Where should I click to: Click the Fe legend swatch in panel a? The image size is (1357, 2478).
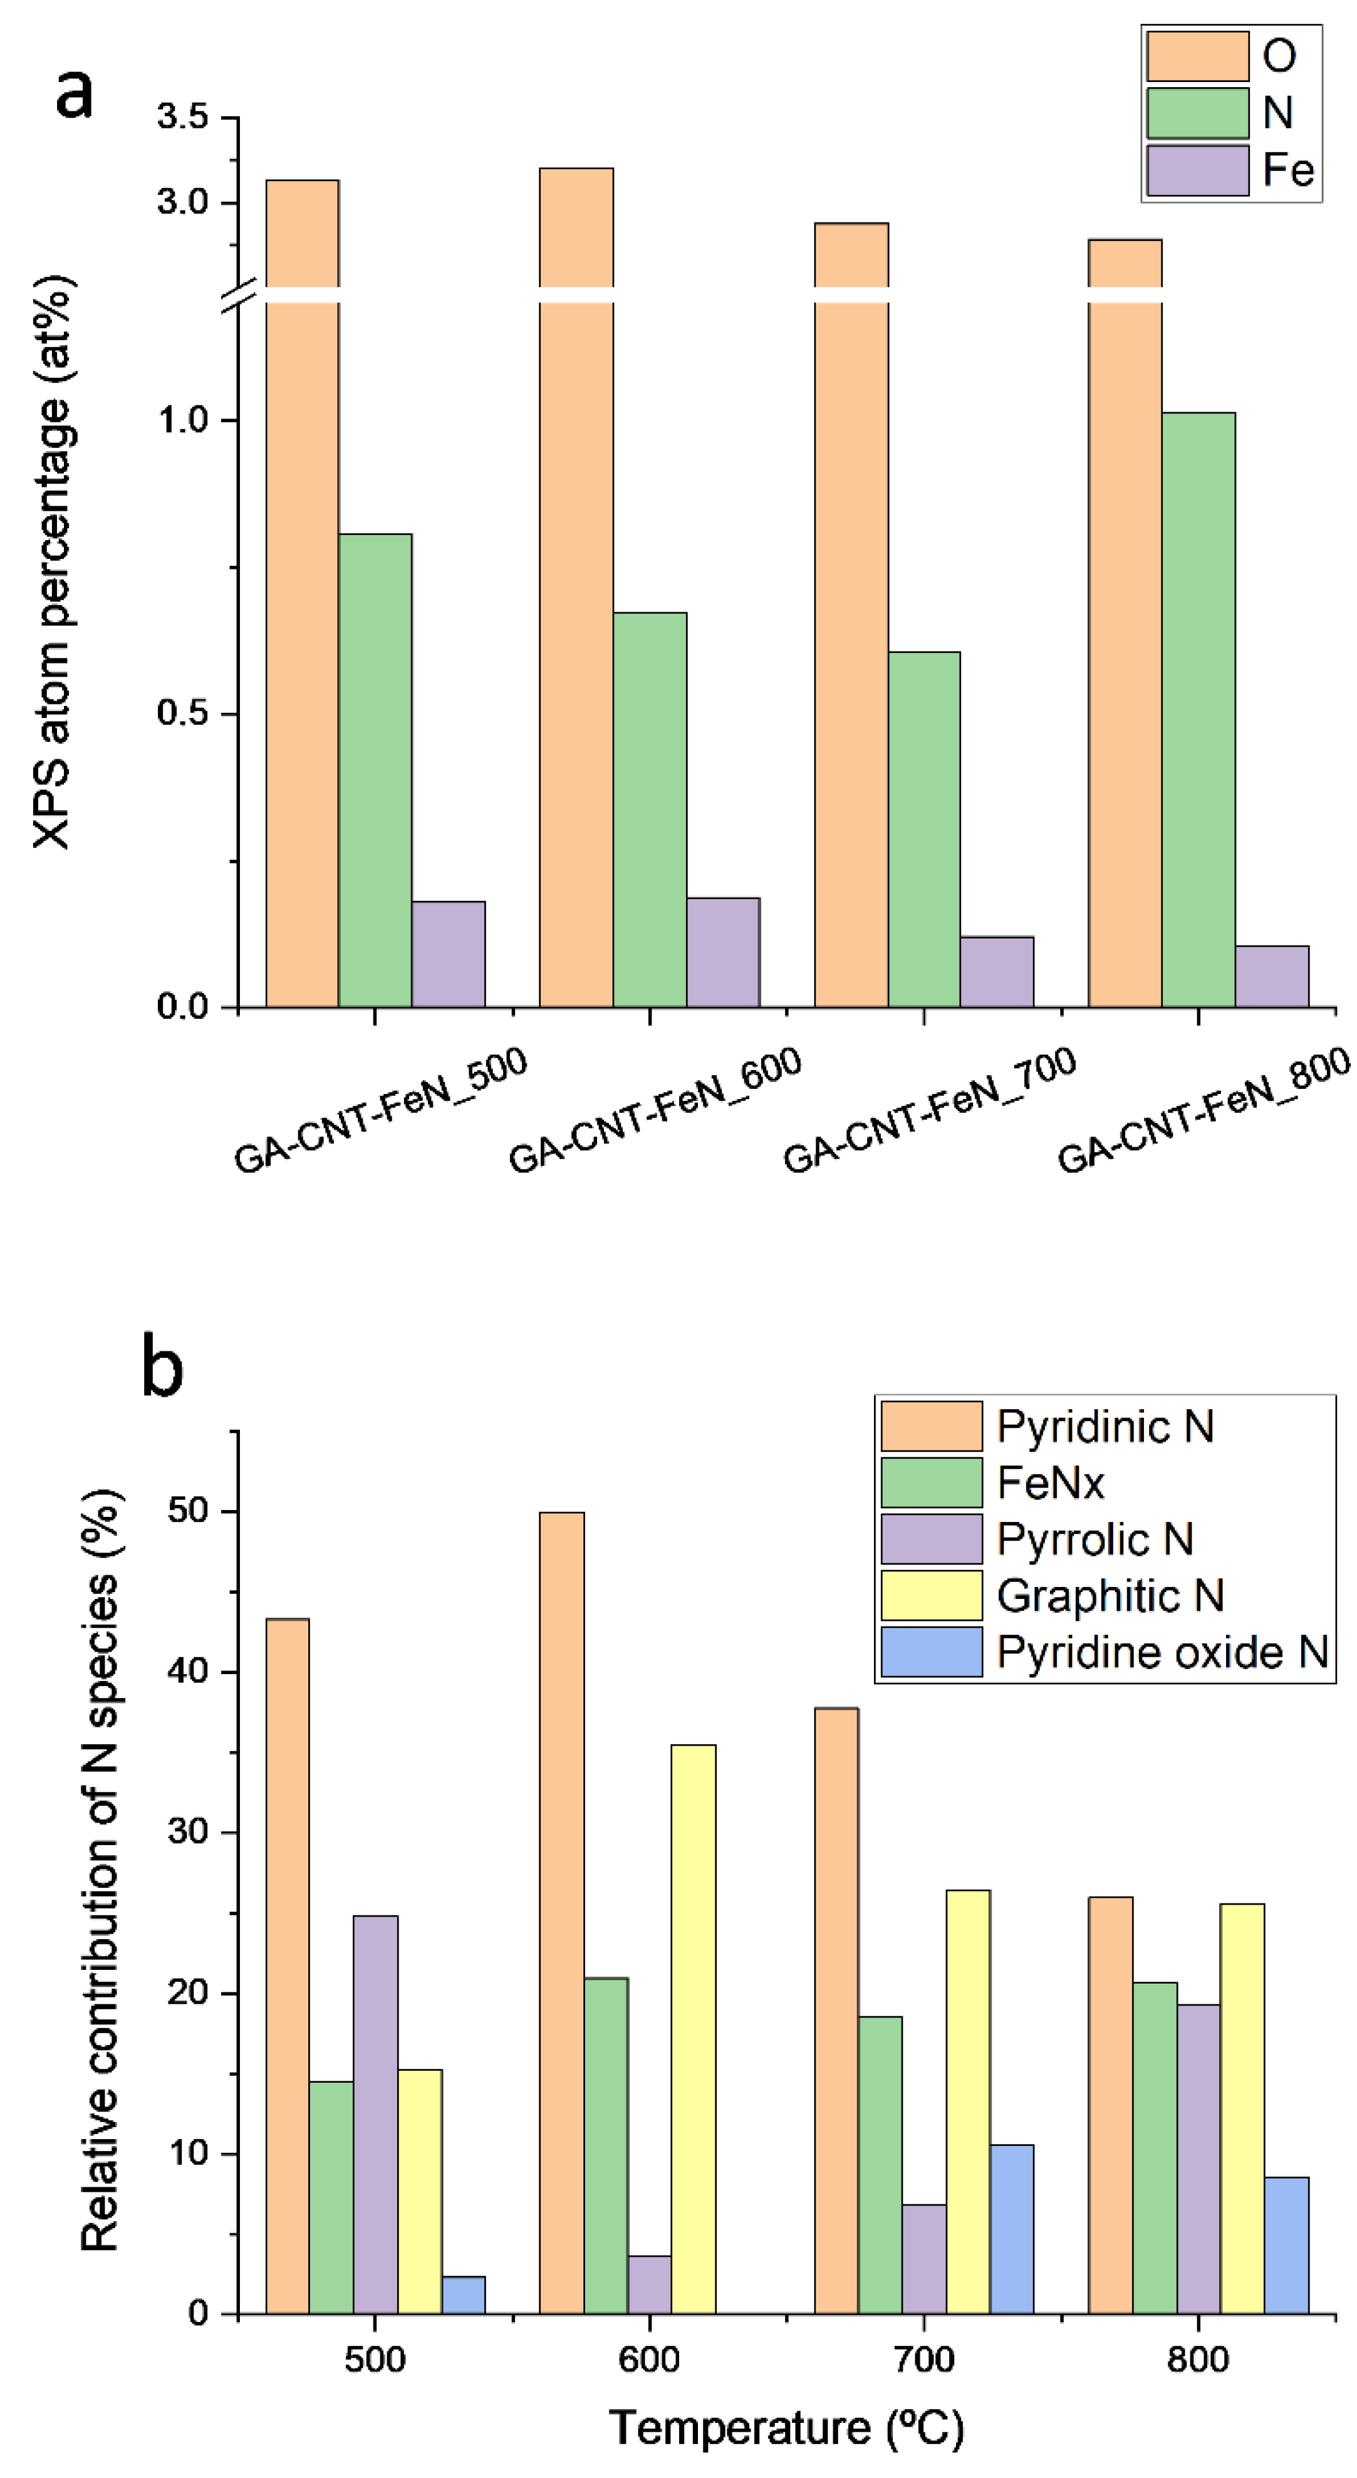click(x=1197, y=170)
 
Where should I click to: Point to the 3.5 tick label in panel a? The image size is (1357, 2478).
click(x=183, y=117)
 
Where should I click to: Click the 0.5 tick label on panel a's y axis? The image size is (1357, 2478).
click(x=183, y=714)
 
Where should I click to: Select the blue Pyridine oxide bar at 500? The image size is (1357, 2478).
click(x=464, y=2296)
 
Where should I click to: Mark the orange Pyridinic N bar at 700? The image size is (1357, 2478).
click(x=836, y=2011)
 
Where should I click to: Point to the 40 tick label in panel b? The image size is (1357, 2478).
click(x=187, y=1672)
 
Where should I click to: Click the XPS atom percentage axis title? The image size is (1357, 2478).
click(x=53, y=562)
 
